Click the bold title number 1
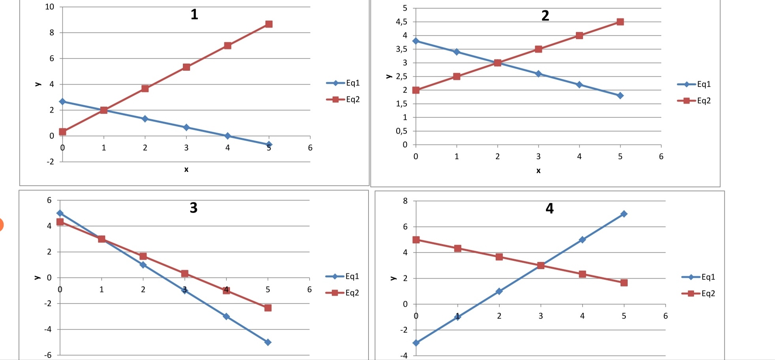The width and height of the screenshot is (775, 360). tap(194, 15)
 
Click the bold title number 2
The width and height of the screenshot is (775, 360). tap(545, 16)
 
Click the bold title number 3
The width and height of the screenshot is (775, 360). tap(194, 208)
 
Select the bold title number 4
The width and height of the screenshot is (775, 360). tap(549, 209)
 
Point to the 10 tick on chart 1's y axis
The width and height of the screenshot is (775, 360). tap(50, 7)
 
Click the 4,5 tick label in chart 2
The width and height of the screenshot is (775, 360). tap(402, 22)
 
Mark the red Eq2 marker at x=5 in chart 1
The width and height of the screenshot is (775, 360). tap(269, 24)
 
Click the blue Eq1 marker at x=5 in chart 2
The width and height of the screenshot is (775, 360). tap(620, 96)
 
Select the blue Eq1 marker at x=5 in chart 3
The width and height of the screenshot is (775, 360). tap(268, 342)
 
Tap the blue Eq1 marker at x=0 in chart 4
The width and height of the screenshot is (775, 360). tap(416, 343)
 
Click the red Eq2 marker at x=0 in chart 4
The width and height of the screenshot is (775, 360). tap(416, 240)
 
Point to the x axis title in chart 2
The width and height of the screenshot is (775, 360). tap(538, 171)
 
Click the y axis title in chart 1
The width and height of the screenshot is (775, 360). tap(38, 84)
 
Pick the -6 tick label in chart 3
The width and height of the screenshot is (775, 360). tap(48, 355)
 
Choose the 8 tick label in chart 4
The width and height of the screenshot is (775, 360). tap(405, 201)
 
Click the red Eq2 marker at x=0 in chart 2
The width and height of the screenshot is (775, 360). tap(416, 90)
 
